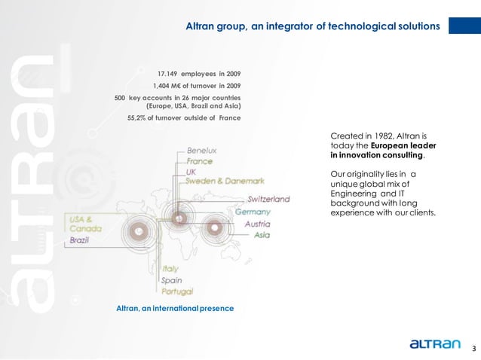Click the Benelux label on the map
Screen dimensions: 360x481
coord(201,151)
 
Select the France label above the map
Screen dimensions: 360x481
coord(199,161)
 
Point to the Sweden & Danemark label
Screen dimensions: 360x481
coord(225,182)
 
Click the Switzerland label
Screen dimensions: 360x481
coord(269,200)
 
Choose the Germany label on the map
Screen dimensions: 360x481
coord(253,212)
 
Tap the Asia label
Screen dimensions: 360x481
coord(262,235)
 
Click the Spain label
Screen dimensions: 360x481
coord(171,280)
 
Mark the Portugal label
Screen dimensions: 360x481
coord(177,291)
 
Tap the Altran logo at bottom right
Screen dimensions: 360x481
coord(434,344)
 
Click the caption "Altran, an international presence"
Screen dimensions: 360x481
coord(175,309)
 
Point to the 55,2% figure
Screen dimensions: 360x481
coord(141,118)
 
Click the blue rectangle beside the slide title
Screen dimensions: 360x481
coord(464,26)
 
